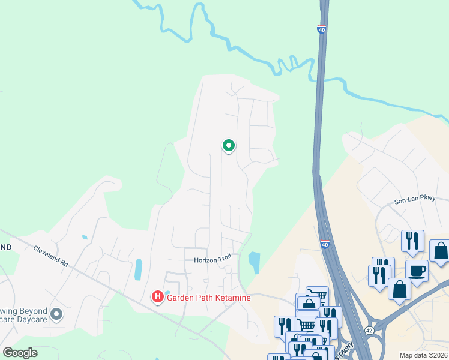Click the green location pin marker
click(228, 145)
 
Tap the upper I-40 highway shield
click(322, 29)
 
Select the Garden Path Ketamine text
click(208, 297)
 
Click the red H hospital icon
click(157, 296)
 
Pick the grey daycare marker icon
click(56, 314)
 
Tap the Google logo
click(20, 352)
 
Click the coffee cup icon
click(417, 270)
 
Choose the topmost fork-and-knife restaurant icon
click(412, 241)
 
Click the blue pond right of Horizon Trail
click(254, 262)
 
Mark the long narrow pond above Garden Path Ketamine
click(139, 269)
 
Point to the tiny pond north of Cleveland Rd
click(85, 238)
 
